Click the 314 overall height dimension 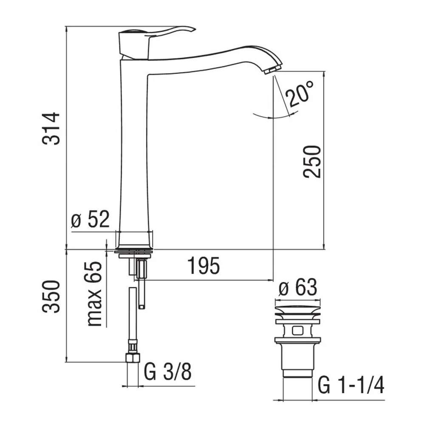[x=51, y=128]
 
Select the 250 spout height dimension [x=312, y=162]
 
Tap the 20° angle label [x=300, y=94]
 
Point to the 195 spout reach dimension [x=204, y=266]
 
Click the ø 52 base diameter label [x=90, y=219]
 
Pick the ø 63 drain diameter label [x=297, y=287]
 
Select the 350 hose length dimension [x=51, y=297]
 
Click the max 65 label [x=95, y=294]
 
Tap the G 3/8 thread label [x=167, y=372]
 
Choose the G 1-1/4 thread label [x=351, y=385]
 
